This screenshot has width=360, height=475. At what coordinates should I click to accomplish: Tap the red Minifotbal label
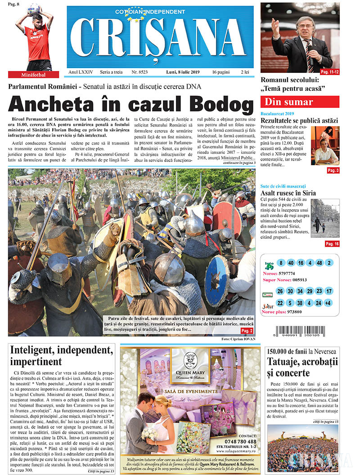click(x=33, y=75)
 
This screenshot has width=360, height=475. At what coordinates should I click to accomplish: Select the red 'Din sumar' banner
click(x=300, y=102)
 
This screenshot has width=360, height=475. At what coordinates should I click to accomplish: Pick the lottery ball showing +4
click(x=328, y=303)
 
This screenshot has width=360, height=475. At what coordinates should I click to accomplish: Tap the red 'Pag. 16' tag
click(x=332, y=244)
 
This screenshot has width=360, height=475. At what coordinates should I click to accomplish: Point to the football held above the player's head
click(x=34, y=9)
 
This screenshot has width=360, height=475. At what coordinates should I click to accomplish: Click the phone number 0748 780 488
click(x=239, y=442)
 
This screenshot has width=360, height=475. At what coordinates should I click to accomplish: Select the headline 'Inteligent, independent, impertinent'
click(x=61, y=355)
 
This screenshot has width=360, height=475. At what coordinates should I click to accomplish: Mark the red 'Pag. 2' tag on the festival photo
click(x=247, y=331)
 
